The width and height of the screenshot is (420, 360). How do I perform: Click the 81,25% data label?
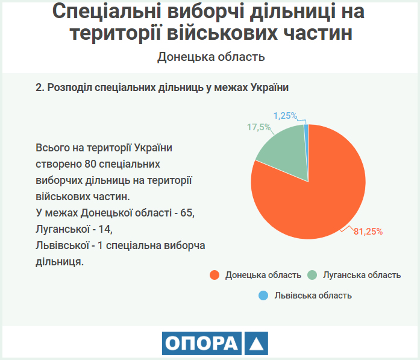[x=368, y=231]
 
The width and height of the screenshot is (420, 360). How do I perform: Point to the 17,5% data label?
[x=259, y=127]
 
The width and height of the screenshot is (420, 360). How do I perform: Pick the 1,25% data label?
[x=286, y=115]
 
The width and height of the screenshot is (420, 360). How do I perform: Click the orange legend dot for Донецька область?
[x=214, y=275]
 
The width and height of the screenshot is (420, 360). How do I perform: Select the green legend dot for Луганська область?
[x=312, y=275]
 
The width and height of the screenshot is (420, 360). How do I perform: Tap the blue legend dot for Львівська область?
[x=263, y=295]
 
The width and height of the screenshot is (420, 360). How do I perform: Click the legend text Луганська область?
[x=362, y=275]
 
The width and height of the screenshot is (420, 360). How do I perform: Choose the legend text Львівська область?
[x=313, y=295]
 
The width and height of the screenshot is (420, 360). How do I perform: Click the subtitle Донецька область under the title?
[x=211, y=57]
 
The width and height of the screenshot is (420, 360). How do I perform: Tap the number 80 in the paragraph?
[x=90, y=164]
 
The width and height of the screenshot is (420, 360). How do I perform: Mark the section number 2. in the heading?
[x=40, y=88]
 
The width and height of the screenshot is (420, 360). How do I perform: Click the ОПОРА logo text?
[x=201, y=344]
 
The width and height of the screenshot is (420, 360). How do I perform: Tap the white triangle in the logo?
[x=255, y=344]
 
